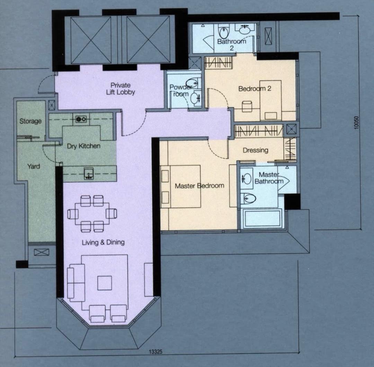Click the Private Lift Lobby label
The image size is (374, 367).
point(121,89)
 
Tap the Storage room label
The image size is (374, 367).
point(30,121)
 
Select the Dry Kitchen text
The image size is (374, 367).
point(83,146)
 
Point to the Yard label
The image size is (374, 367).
point(34,166)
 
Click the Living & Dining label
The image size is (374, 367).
point(103,242)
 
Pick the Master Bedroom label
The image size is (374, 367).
point(199,186)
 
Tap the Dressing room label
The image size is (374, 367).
point(256,150)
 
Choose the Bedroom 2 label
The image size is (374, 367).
point(255,89)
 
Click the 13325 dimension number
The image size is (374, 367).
point(155,352)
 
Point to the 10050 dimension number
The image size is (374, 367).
point(356,123)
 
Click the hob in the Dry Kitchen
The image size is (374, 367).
point(81,119)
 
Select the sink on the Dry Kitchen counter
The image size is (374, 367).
point(89,173)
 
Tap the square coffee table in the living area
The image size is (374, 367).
point(105,283)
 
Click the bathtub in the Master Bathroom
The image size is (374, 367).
point(262,218)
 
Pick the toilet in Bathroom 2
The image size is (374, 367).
point(223,32)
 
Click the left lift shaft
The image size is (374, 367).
point(91,40)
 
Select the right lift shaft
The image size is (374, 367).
point(148,40)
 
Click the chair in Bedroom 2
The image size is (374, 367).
point(247,106)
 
